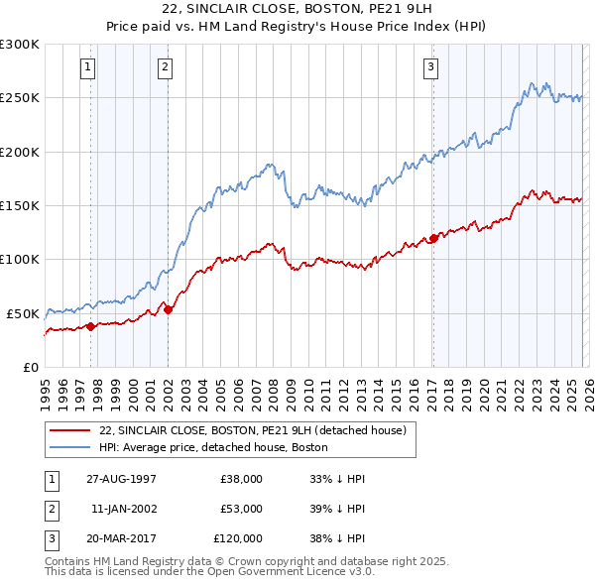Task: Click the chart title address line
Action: pos(297,9)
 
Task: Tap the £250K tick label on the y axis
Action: pos(21,98)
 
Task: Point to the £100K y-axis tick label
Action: pos(21,259)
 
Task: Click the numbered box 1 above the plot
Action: pos(89,67)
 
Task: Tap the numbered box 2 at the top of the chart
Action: pos(164,67)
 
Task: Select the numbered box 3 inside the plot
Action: pos(431,67)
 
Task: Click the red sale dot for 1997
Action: pos(91,325)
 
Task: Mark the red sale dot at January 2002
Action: pos(168,309)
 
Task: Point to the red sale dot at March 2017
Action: pos(433,238)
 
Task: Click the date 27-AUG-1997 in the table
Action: pos(123,478)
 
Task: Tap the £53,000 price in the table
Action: pos(241,508)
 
